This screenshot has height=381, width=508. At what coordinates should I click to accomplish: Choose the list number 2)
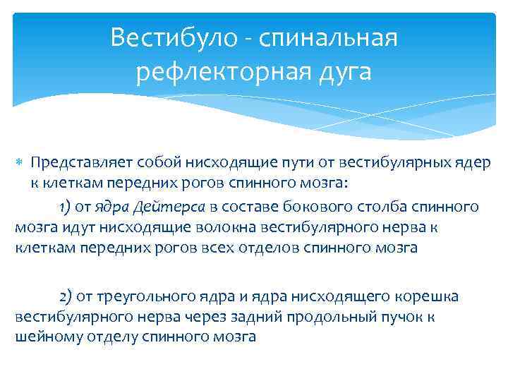tap(64, 295)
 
